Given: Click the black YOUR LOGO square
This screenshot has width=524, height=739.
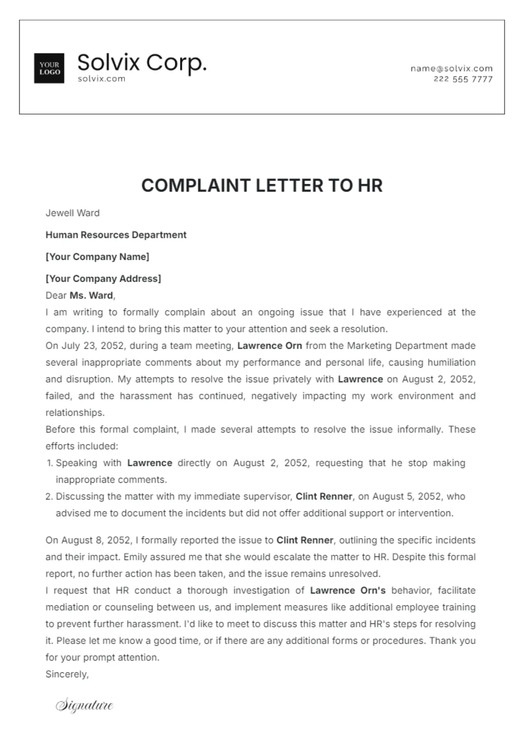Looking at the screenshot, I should tap(49, 68).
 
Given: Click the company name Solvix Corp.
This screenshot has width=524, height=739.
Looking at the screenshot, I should tap(142, 63).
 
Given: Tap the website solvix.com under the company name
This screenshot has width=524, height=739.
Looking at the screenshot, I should tap(101, 79).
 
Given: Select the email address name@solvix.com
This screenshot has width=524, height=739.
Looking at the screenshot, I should tap(451, 68).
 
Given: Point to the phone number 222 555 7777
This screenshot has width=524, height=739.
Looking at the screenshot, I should tap(463, 79).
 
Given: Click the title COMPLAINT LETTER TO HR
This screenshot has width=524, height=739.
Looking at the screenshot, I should tap(262, 186).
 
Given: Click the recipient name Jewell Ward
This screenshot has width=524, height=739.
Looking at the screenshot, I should tap(73, 213).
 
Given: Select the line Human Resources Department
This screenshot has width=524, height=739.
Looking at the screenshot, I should tap(116, 235).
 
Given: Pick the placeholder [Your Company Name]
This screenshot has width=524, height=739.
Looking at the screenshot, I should tap(97, 257).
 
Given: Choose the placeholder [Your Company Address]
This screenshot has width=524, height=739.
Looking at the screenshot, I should tap(103, 279).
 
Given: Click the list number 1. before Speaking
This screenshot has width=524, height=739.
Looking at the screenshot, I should tap(49, 463).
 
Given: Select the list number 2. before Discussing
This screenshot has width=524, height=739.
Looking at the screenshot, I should tap(49, 496).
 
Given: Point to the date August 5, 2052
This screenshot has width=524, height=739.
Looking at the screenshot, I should tap(406, 496).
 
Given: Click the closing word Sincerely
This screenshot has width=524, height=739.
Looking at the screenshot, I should tap(67, 674).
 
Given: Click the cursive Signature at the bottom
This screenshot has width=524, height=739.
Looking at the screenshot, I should tap(85, 705).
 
